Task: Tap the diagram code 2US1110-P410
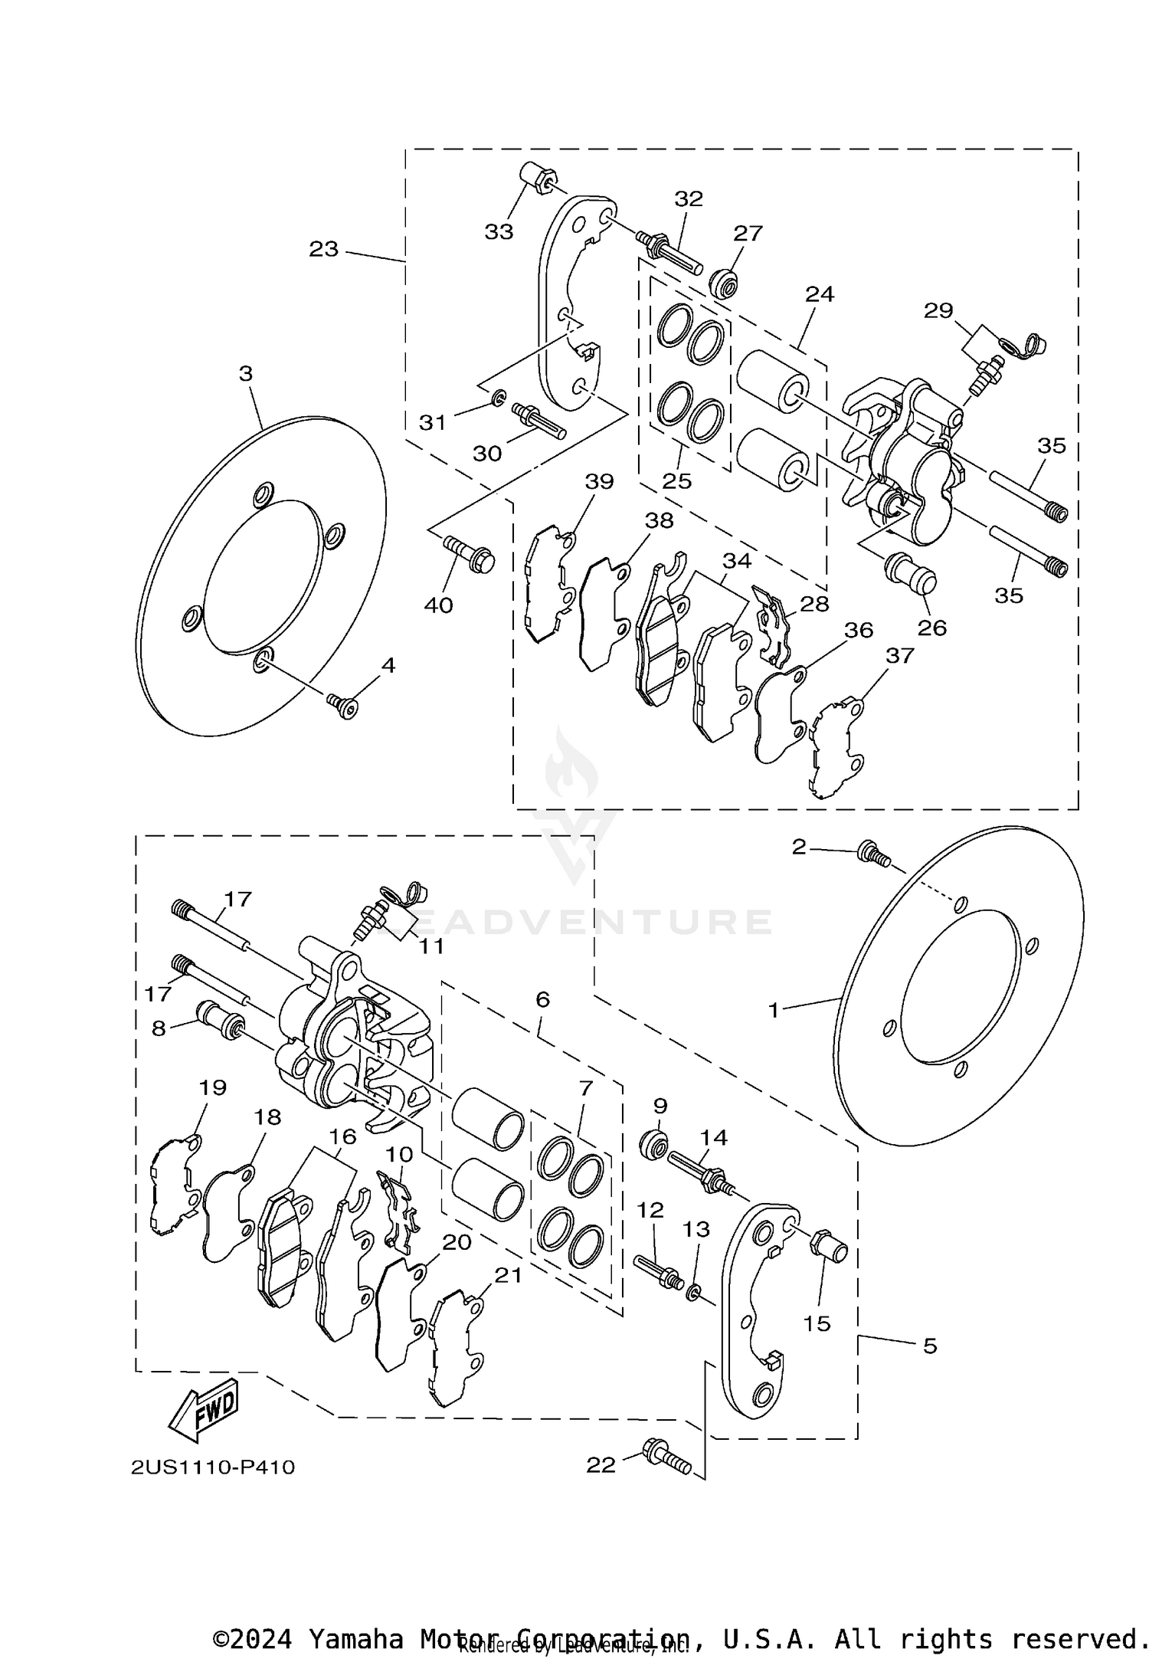212,1467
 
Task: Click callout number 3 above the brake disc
245,374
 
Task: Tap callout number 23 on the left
323,249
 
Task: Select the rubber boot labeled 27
724,284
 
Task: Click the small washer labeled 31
498,397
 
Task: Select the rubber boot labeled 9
653,1146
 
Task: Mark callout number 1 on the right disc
774,1011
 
